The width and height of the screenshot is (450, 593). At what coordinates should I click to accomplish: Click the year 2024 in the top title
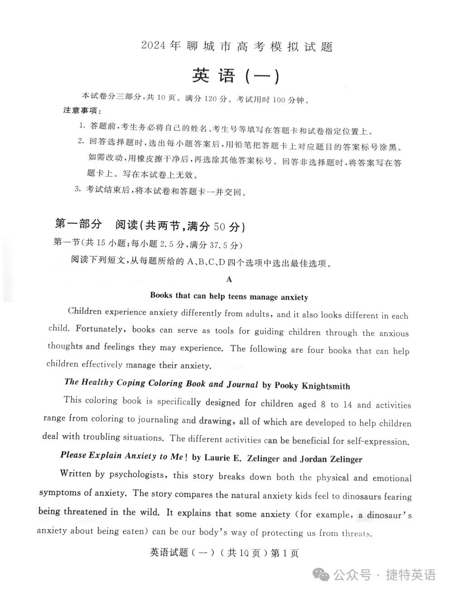(x=154, y=45)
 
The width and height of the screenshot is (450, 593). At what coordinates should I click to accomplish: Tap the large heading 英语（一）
(x=236, y=76)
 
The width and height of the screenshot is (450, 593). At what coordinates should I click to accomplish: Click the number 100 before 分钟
(x=281, y=100)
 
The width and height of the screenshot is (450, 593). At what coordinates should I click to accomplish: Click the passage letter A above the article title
(x=229, y=279)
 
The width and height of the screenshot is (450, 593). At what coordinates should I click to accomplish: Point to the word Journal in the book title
(x=242, y=384)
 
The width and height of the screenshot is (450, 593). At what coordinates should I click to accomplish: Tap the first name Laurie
(x=218, y=458)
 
